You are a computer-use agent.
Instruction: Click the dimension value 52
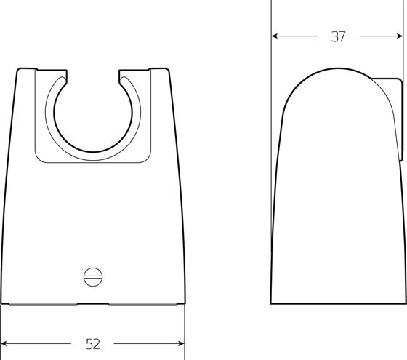[x=93, y=344]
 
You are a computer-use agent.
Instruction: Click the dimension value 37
[x=338, y=36]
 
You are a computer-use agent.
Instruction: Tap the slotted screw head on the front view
[x=93, y=277]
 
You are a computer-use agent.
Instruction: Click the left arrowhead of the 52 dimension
[x=4, y=343]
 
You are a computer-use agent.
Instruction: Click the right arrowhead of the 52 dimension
[x=181, y=343]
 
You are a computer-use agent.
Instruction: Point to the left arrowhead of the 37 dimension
[x=275, y=36]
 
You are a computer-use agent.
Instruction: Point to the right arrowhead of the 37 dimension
[x=400, y=36]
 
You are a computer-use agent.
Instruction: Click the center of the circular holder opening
[x=93, y=113]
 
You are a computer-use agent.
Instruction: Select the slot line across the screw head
[x=93, y=277]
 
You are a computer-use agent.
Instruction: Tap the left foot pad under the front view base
[x=43, y=304]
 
